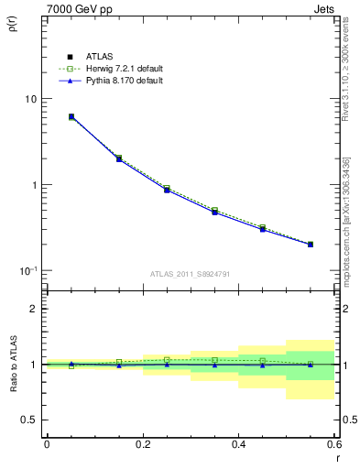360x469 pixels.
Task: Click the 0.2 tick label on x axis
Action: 142,444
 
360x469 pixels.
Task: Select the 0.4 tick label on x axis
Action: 238,444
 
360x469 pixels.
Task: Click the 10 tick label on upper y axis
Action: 30,99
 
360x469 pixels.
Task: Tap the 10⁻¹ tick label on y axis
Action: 27,270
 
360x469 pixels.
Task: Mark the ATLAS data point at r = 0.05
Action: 71,117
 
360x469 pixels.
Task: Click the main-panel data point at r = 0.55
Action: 311,245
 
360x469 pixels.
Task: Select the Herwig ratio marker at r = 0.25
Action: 167,360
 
